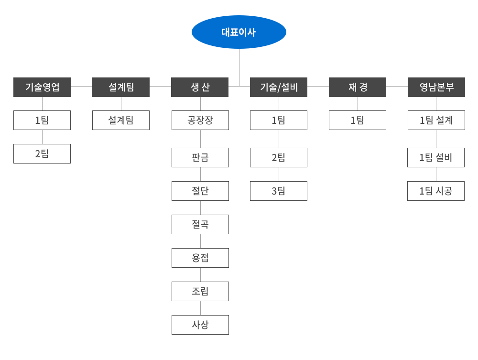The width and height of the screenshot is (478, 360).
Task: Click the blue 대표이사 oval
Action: [x=239, y=32]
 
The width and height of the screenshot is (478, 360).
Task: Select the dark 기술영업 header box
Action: [x=42, y=87]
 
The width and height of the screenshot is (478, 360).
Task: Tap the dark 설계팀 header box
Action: [x=121, y=87]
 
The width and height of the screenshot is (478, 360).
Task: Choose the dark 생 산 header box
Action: [x=200, y=87]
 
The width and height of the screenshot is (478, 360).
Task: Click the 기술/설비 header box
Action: [x=279, y=87]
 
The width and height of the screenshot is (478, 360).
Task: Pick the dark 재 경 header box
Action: [x=358, y=87]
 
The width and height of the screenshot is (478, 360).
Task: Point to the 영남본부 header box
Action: [x=436, y=87]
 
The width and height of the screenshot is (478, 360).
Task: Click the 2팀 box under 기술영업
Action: [x=42, y=153]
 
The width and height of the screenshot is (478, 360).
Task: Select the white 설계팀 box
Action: [x=121, y=120]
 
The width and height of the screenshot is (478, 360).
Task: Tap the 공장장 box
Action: [x=200, y=120]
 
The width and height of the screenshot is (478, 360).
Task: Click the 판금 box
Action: [x=200, y=158]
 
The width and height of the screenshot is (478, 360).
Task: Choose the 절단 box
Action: [x=200, y=191]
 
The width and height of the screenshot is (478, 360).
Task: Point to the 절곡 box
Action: [x=200, y=224]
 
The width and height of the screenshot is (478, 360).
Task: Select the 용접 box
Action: [x=200, y=258]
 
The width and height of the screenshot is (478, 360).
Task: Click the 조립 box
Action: [x=200, y=292]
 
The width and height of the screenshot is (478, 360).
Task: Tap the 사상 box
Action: [x=200, y=325]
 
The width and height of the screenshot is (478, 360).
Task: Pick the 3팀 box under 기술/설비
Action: [x=279, y=191]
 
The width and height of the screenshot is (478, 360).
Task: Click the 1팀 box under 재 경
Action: [x=358, y=120]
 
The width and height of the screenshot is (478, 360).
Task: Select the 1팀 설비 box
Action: [x=436, y=158]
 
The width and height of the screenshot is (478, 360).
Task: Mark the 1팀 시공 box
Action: [x=436, y=191]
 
